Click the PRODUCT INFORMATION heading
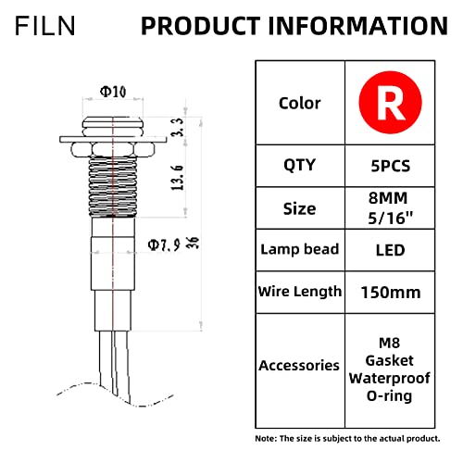[x=294, y=25]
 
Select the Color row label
[x=299, y=104]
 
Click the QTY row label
[x=299, y=166]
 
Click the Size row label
[x=299, y=208]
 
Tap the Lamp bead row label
[x=299, y=250]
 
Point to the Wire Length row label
[x=299, y=293]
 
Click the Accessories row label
[x=299, y=365]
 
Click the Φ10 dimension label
[x=114, y=93]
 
